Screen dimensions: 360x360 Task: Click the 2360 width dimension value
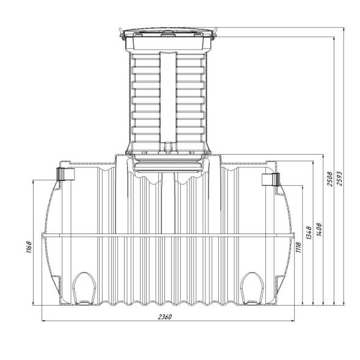165,317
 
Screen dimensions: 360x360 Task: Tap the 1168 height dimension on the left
29,247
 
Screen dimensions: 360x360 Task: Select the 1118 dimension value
298,247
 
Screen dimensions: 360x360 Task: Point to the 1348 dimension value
309,233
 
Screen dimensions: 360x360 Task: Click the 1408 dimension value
319,229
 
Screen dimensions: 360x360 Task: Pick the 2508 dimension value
329,178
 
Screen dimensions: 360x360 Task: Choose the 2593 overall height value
340,178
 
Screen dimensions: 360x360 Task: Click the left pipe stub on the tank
65,174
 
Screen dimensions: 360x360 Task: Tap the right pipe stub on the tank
271,180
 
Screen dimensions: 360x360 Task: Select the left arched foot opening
84,288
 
